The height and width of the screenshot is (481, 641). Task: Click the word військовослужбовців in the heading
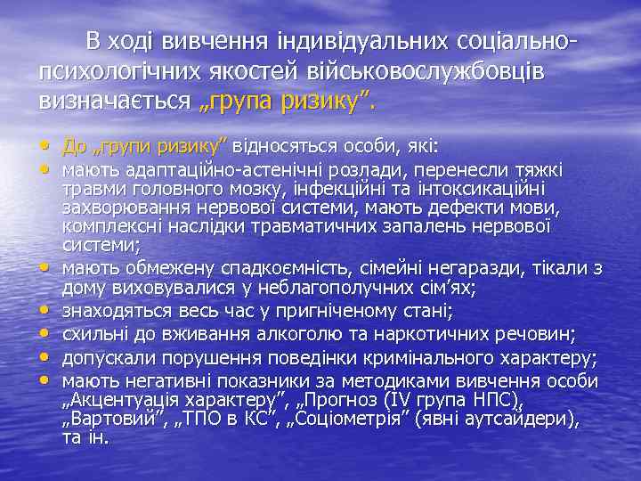coord(455,71)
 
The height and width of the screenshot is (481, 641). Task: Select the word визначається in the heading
coord(115,101)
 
